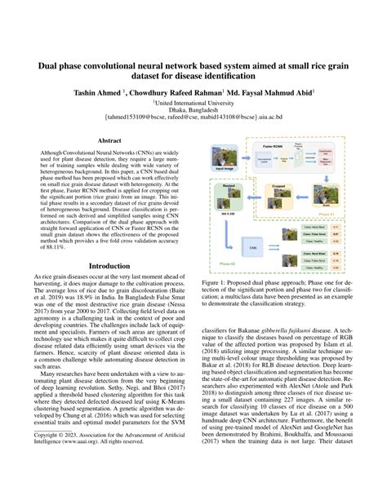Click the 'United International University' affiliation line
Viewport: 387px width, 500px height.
tap(193, 104)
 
